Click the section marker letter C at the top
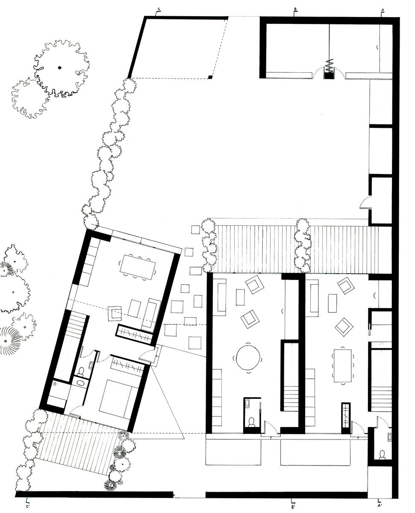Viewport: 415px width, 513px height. pyautogui.click(x=159, y=9)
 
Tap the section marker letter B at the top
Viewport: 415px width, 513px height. pyautogui.click(x=295, y=9)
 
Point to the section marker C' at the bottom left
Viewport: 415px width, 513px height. pyautogui.click(x=27, y=506)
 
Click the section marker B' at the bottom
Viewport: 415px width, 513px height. pyautogui.click(x=294, y=507)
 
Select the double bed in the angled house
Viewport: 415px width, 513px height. pyautogui.click(x=118, y=399)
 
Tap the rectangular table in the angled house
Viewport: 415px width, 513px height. pyautogui.click(x=138, y=267)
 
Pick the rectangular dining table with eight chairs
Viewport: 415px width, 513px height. pyautogui.click(x=343, y=366)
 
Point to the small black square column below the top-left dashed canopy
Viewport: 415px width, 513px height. pyautogui.click(x=210, y=77)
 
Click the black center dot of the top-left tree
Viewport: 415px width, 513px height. pyautogui.click(x=59, y=67)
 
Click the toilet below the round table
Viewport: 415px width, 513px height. pyautogui.click(x=251, y=422)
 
